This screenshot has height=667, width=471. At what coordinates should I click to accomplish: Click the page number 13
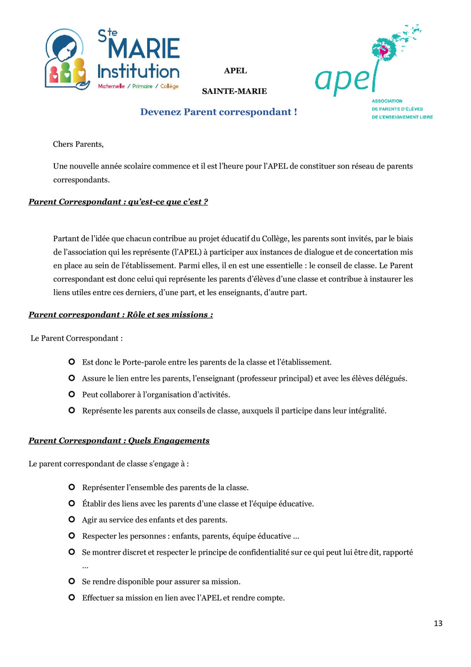coord(438,623)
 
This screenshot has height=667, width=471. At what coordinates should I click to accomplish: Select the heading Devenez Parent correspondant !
coord(218,112)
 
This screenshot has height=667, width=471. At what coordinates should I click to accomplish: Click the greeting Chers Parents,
coord(78,145)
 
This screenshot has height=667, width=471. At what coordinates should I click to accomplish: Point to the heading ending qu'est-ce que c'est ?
coord(118,202)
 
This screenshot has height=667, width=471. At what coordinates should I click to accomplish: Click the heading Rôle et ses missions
coord(121,315)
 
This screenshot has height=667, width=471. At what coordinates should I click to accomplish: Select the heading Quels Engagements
coord(119,441)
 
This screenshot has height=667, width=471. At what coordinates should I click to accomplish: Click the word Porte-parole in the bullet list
coord(137,362)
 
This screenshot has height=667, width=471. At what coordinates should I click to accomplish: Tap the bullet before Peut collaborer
coord(71,395)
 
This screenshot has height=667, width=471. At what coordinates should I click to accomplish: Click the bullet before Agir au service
coord(71,520)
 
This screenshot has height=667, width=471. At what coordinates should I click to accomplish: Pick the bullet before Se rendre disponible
coord(71,581)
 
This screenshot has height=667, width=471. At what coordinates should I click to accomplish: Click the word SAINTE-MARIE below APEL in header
coord(234,91)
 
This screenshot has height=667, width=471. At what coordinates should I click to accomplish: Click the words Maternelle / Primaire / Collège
coord(138,87)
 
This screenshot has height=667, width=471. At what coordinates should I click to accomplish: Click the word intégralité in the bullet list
coord(361,411)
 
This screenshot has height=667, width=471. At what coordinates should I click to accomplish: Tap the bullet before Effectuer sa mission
coord(71,598)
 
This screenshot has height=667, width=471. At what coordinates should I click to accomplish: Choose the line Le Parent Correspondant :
coord(77,338)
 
